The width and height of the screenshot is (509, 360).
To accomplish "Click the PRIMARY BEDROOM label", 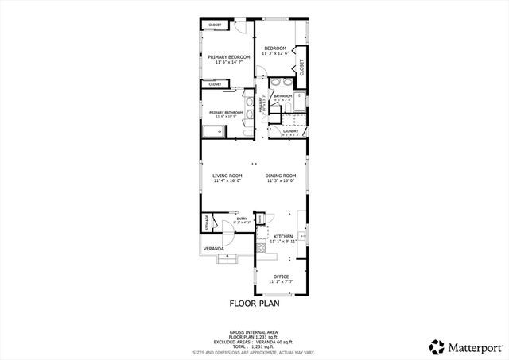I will [x=229, y=57].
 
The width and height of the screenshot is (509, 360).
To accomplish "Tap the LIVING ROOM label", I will [x=227, y=175].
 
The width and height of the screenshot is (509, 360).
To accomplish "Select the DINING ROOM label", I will [x=281, y=175].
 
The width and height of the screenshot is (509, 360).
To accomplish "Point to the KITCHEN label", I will [x=284, y=236].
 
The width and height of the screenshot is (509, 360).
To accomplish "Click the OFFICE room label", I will [x=282, y=276].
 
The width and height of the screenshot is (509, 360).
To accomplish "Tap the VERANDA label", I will [x=212, y=249].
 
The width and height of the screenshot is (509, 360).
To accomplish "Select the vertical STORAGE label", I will [x=208, y=222].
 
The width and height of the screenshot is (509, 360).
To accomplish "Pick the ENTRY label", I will [x=242, y=219].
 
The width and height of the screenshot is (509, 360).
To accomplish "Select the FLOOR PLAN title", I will [x=254, y=303].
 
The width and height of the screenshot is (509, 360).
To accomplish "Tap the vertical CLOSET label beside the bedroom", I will [x=302, y=67].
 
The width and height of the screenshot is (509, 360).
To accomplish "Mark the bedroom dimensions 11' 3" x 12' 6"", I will [x=275, y=54].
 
